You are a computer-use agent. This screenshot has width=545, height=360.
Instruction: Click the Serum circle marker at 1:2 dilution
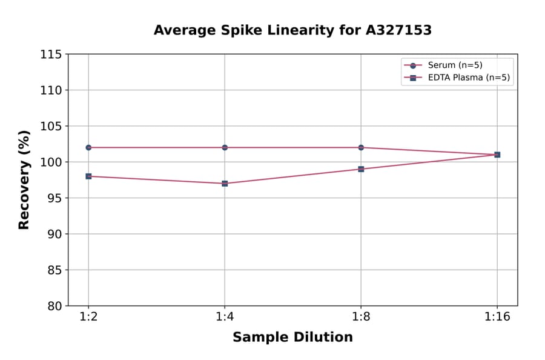click(88, 147)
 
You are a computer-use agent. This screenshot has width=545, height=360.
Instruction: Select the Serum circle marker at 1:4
click(225, 147)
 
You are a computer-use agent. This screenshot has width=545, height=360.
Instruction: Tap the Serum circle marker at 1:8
click(361, 147)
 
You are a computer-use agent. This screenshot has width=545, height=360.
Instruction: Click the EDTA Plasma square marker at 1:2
click(88, 176)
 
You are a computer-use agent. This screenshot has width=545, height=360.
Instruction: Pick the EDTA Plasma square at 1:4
click(225, 183)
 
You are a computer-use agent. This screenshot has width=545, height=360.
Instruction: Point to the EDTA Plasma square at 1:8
click(361, 169)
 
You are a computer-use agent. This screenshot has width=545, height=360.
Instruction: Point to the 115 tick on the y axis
click(51, 55)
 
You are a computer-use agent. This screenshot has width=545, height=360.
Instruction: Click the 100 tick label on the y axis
click(51, 162)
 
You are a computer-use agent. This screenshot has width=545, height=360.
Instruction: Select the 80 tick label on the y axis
click(54, 305)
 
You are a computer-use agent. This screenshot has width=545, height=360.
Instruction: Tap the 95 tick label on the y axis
click(54, 198)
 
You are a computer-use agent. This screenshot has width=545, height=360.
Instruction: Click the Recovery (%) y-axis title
click(24, 179)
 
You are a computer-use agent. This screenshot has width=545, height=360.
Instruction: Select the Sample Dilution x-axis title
click(292, 338)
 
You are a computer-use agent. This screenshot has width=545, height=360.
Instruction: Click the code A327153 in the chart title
click(398, 30)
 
